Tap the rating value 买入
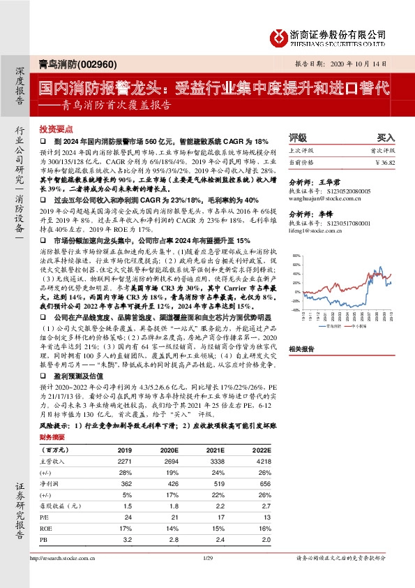(386, 138)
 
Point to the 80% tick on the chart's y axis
(295, 256)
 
